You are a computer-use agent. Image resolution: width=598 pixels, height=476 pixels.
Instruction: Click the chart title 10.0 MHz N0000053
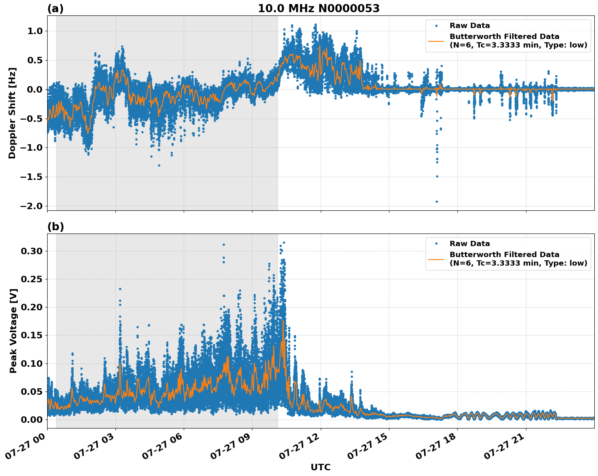pos(318,9)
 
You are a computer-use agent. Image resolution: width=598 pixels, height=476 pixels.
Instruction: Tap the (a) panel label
pos(55,9)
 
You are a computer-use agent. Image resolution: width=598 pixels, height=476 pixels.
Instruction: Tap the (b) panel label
pos(55,227)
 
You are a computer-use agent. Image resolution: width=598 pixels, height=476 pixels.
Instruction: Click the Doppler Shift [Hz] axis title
pos(12,113)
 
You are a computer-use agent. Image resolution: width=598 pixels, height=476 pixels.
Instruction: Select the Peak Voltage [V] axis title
pos(13,331)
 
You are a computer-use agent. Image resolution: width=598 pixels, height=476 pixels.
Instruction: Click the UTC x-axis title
pos(320,467)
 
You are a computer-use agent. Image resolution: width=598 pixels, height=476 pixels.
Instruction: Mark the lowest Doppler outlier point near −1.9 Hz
pos(437,201)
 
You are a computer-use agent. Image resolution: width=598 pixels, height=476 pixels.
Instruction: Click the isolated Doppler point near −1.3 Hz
pos(159,165)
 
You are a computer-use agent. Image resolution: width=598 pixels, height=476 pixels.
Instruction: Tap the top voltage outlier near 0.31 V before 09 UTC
pos(224,244)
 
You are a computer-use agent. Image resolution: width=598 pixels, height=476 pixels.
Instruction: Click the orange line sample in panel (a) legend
pos(436,41)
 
